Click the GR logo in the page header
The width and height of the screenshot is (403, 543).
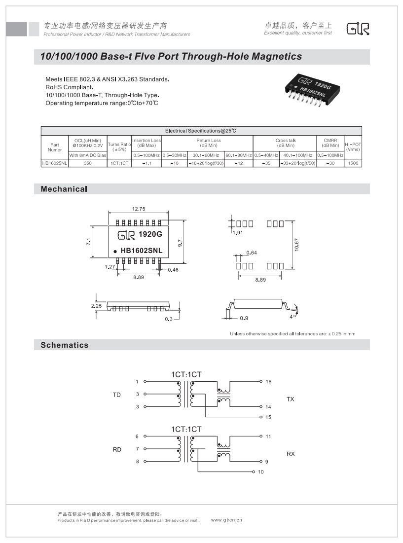tap(358, 29)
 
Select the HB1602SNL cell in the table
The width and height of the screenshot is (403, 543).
tap(54, 162)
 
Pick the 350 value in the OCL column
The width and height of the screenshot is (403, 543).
tap(87, 162)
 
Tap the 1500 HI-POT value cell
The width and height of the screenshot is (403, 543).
tap(353, 162)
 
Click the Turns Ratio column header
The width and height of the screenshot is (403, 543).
tap(119, 146)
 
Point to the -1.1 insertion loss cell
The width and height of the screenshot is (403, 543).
tap(147, 162)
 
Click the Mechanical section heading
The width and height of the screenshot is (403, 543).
tap(64, 189)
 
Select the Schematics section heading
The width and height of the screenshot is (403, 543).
tap(65, 345)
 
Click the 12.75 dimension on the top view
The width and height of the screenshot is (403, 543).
tap(139, 209)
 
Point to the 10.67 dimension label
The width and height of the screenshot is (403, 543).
tap(296, 245)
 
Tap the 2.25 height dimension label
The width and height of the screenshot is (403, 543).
tap(97, 306)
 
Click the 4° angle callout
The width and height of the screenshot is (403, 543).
tap(292, 316)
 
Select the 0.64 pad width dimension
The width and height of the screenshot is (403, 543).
tap(252, 253)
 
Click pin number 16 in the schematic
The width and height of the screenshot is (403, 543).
tap(268, 382)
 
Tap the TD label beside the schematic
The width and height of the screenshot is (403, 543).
tap(117, 395)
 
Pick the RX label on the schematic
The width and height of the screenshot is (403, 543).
tap(291, 454)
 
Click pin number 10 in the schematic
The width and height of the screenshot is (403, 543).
tap(261, 472)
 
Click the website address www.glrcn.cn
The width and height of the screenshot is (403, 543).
tap(226, 520)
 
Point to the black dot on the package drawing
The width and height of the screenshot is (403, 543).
tap(116, 251)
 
